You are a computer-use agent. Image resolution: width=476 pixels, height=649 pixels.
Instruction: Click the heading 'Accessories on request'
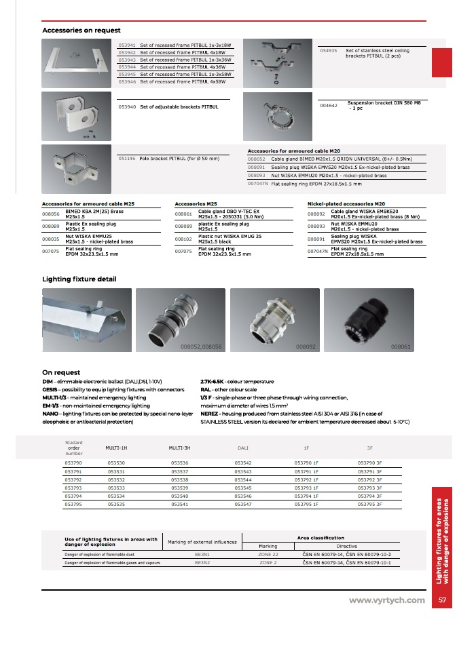tap(81, 30)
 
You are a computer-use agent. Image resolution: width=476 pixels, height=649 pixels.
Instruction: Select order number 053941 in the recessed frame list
tap(127, 45)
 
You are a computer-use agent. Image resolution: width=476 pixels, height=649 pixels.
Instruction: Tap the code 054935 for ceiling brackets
tap(329, 50)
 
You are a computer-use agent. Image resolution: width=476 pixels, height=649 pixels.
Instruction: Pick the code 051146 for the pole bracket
tap(127, 158)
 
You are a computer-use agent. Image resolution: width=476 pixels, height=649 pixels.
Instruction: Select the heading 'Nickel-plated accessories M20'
tap(346, 203)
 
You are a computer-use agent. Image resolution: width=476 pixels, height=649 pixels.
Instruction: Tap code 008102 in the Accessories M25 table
tap(183, 239)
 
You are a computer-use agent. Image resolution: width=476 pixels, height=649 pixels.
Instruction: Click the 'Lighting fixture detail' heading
tap(79, 279)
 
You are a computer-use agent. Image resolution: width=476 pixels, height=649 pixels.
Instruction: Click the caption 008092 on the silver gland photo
tap(307, 346)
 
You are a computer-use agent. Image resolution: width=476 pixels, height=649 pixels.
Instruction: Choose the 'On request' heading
tap(61, 372)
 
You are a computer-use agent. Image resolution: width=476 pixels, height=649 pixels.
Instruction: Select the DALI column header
tap(242, 448)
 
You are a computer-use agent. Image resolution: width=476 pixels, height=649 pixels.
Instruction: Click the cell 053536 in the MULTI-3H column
tap(180, 463)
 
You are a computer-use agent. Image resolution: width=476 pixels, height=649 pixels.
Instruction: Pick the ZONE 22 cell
tap(268, 554)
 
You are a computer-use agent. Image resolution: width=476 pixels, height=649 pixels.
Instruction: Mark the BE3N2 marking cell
tap(202, 562)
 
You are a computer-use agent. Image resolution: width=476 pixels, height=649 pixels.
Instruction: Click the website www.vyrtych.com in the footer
tap(386, 600)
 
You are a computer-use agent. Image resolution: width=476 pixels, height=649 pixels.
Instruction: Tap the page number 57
tap(442, 600)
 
